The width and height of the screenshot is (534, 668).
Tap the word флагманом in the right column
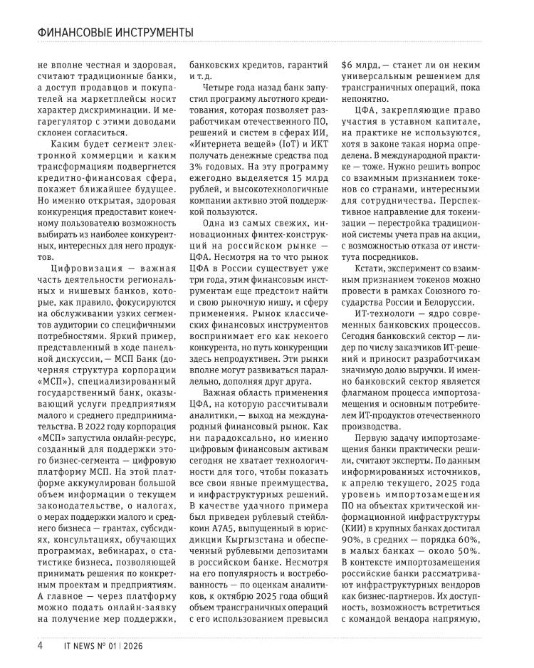[x=369, y=370]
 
